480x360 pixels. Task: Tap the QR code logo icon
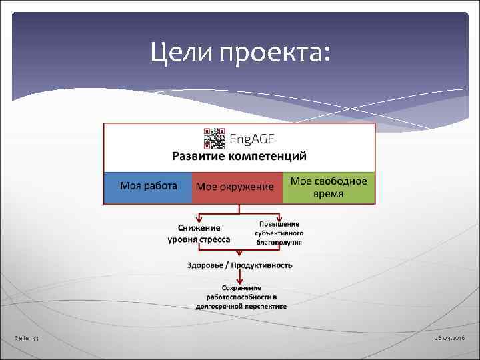213,138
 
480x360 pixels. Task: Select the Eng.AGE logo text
252,139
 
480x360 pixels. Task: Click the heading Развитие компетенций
239,157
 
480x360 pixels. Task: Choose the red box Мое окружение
235,187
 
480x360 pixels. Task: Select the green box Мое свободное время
329,187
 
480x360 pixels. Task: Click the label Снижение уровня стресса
199,233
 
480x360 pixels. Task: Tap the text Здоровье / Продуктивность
239,265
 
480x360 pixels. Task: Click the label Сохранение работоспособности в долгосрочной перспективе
241,297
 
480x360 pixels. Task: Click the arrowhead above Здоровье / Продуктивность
239,254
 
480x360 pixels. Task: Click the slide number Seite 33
27,339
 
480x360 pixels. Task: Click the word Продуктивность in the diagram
263,265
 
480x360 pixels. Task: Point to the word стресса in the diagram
215,239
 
